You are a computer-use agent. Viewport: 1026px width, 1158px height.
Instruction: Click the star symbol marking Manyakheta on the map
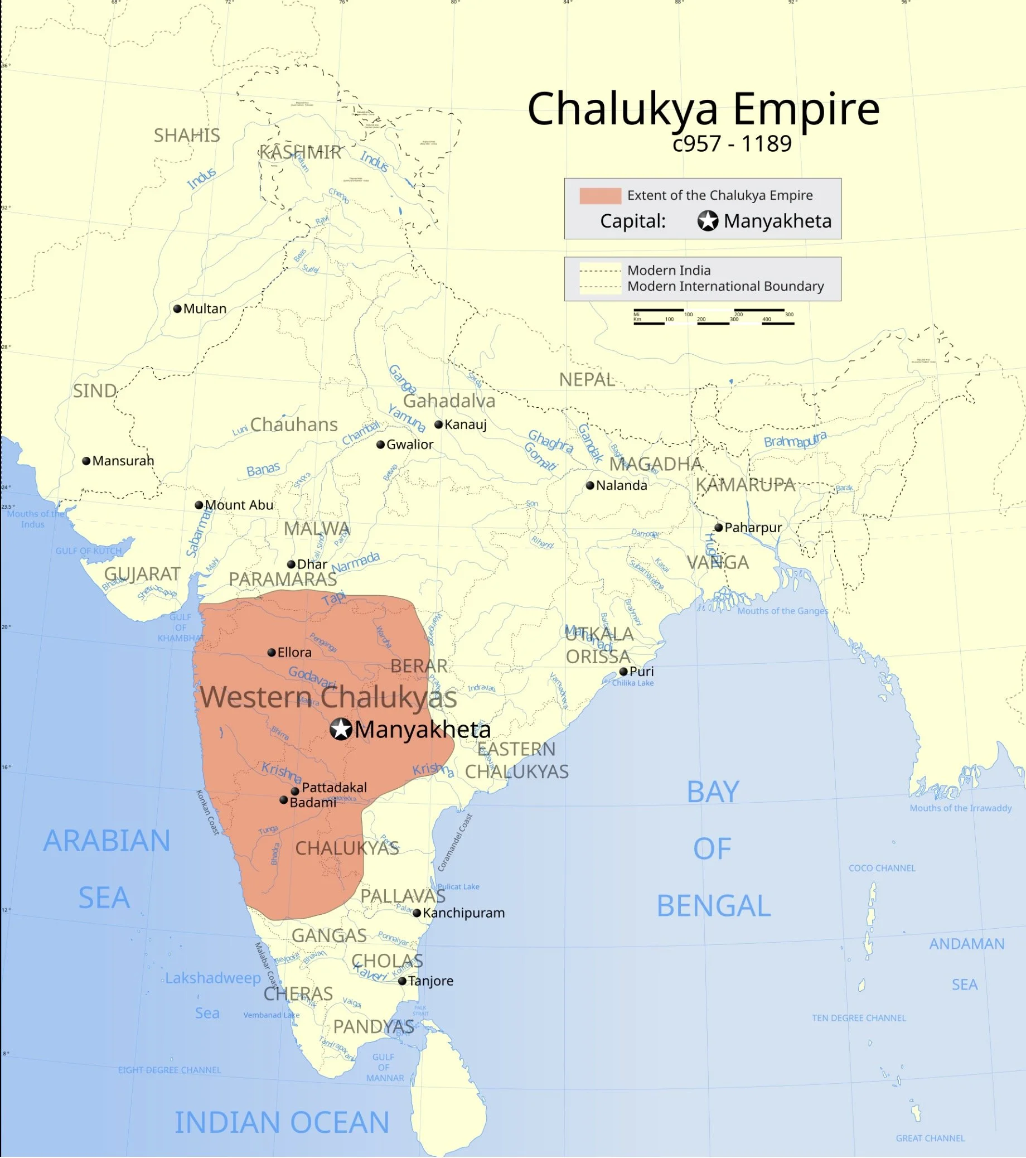(x=341, y=729)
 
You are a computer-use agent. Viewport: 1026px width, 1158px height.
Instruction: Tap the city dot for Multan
(x=177, y=309)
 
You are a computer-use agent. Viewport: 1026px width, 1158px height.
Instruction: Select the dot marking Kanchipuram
(x=417, y=913)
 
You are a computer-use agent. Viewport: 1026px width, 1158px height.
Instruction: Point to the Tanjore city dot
(x=402, y=981)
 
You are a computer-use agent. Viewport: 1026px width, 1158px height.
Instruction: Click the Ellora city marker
(x=272, y=653)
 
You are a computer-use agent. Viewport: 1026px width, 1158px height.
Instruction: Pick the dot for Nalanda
(x=590, y=485)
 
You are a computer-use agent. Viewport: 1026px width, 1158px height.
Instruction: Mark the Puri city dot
(x=623, y=672)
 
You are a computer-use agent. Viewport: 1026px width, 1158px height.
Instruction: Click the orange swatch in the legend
(x=600, y=195)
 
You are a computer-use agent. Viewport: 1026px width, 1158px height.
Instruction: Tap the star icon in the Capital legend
(x=707, y=221)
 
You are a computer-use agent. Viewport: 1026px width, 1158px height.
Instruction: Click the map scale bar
(x=713, y=317)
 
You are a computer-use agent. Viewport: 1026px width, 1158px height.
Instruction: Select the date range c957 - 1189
(x=732, y=144)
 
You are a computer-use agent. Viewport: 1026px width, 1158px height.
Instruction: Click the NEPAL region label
(x=587, y=379)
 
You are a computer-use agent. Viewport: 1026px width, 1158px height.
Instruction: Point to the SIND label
(x=95, y=391)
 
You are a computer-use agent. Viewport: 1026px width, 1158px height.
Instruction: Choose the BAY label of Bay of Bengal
(x=713, y=792)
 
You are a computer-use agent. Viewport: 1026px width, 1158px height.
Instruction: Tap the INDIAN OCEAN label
(x=282, y=1122)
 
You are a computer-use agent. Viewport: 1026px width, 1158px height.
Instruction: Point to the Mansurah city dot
(x=86, y=461)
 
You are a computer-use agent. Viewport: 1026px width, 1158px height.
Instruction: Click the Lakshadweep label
(x=213, y=978)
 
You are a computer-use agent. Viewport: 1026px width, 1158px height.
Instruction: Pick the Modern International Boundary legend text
(x=725, y=287)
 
